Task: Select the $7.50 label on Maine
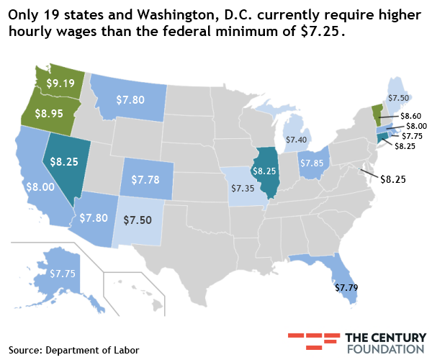399,97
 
